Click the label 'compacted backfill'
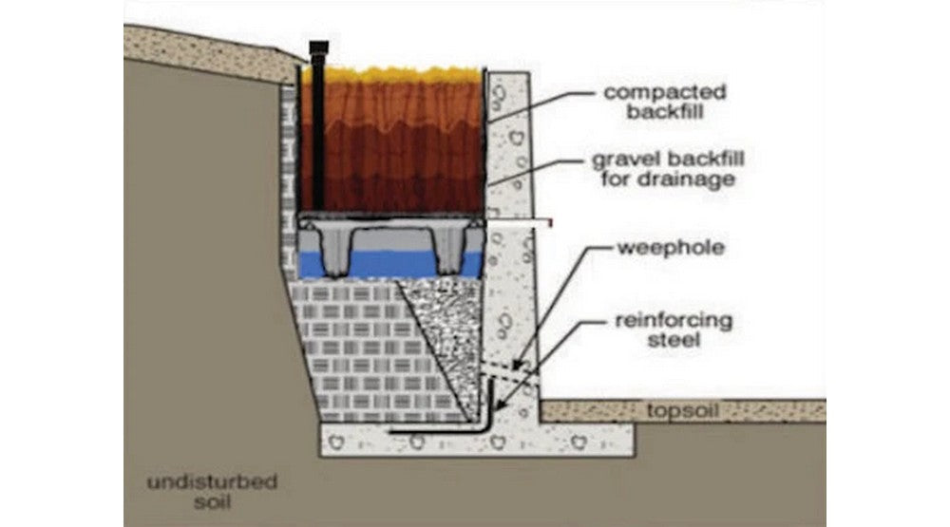(x=665, y=102)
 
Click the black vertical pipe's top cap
(x=318, y=48)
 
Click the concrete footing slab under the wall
(x=475, y=440)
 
